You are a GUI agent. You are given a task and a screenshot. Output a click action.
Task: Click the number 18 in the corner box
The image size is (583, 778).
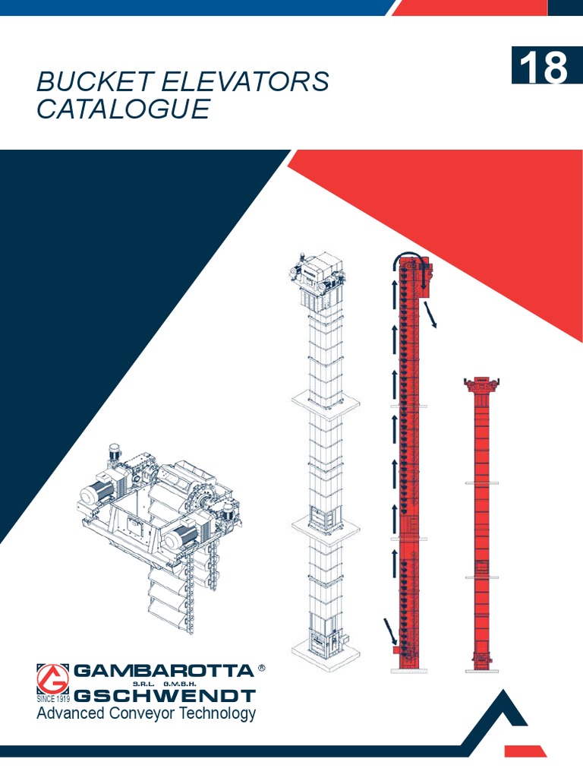coord(544,68)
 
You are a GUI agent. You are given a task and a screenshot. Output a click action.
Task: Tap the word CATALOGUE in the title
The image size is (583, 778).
coord(123,109)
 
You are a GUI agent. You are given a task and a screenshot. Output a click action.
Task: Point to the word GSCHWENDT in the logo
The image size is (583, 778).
coord(165,695)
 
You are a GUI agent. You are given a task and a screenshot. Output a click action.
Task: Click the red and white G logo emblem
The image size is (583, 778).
coord(53,678)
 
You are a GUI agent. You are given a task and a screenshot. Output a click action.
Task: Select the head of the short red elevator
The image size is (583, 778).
coord(481,384)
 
